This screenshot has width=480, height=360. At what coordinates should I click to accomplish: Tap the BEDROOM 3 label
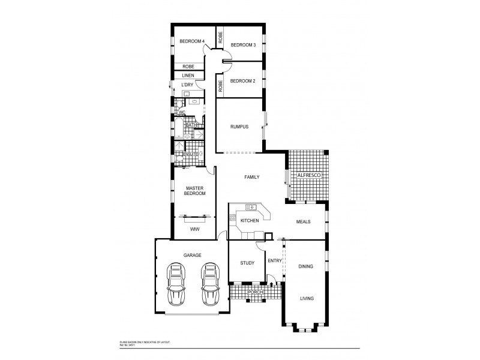pyautogui.click(x=243, y=45)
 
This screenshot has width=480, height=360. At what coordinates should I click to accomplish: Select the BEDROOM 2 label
pyautogui.click(x=243, y=81)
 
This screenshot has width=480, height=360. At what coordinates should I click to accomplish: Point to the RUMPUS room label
pyautogui.click(x=239, y=127)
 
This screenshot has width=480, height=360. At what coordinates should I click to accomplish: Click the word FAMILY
pyautogui.click(x=251, y=178)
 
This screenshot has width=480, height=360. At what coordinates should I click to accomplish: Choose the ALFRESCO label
pyautogui.click(x=310, y=175)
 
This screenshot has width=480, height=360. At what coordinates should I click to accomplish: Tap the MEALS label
pyautogui.click(x=304, y=221)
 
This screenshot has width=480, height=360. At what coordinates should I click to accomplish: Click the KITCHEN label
pyautogui.click(x=250, y=221)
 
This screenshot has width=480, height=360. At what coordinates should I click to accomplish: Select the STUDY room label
pyautogui.click(x=247, y=263)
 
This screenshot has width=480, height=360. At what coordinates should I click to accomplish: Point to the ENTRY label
pyautogui.click(x=274, y=260)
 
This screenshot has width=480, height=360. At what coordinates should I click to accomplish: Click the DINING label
pyautogui.click(x=306, y=266)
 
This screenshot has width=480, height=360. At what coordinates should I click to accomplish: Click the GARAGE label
pyautogui.click(x=192, y=256)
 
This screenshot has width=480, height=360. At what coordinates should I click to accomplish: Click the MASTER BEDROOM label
pyautogui.click(x=196, y=191)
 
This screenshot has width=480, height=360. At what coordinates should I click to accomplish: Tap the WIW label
pyautogui.click(x=195, y=229)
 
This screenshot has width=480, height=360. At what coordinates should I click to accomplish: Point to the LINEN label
pyautogui.click(x=188, y=76)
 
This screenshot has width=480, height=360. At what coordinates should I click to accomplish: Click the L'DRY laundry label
pyautogui.click(x=186, y=85)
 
